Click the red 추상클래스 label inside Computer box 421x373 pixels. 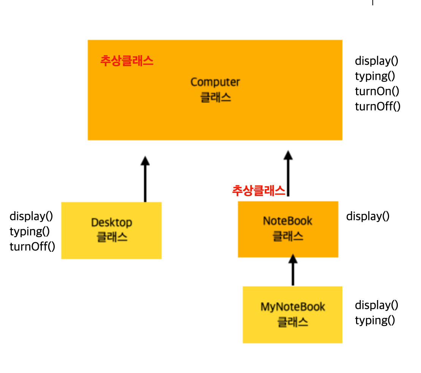pos(127,61)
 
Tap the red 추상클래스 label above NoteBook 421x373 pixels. pos(258,191)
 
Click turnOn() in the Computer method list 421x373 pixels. pos(377,91)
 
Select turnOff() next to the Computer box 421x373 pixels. pos(378,106)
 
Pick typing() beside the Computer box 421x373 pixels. pos(375,76)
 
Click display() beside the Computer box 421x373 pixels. pos(377,61)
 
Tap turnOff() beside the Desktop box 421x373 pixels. pos(32,247)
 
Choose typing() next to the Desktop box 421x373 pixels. pos(30,231)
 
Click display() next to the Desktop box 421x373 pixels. pos(31,216)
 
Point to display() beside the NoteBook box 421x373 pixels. pos(368,216)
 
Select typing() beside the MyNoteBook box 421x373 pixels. pos(375,320)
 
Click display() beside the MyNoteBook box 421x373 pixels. pos(377,305)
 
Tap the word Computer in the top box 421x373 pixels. pos(215,82)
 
